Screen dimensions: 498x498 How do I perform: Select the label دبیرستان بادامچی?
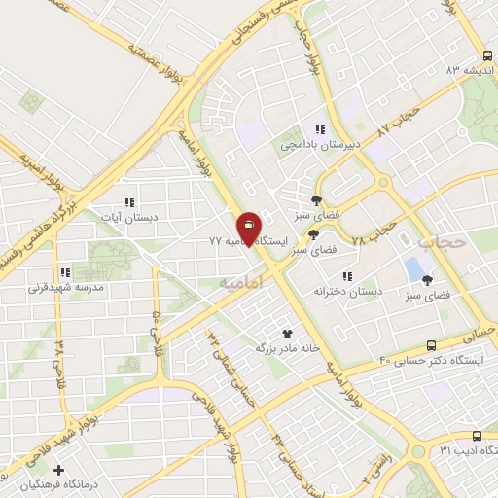point(320,144)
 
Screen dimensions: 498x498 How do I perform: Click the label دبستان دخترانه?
point(348,290)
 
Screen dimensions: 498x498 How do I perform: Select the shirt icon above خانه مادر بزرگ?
point(287,333)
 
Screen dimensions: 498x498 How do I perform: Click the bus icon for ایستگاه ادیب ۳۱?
point(476,436)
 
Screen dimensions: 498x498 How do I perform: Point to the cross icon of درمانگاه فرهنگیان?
point(59,470)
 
